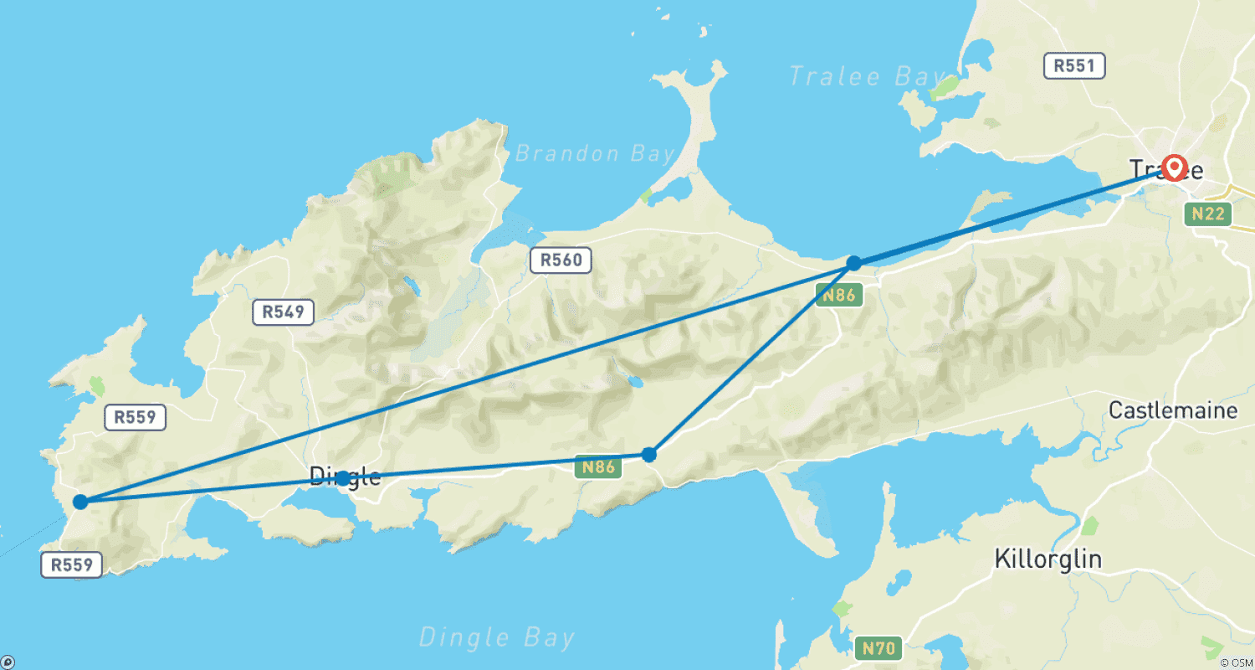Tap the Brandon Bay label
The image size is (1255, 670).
pos(595,154)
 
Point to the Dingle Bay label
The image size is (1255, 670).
pos(497,637)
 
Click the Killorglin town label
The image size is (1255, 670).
pos(1048,559)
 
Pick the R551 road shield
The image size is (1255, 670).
pos(1074,66)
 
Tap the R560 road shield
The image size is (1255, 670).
pos(561,260)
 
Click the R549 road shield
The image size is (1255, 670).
pos(283,312)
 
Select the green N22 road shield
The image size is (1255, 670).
pos(1208,214)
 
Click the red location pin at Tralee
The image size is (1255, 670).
pos(1175,167)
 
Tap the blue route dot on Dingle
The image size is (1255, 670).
pos(343,478)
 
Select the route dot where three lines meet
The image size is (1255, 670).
pos(853,263)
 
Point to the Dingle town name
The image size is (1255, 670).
pos(346,477)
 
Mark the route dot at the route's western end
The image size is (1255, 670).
pos(80,502)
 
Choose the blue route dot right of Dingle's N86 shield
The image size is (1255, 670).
pos(648,455)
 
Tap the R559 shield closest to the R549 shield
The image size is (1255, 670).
pos(136,417)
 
